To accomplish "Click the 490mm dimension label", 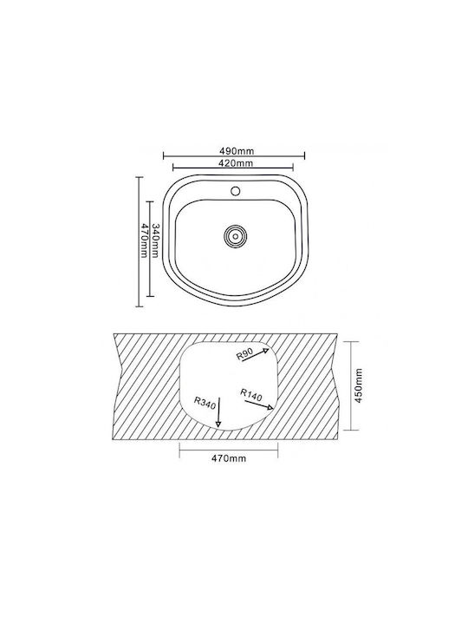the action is click(x=237, y=151).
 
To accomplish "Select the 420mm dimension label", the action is click(x=236, y=162).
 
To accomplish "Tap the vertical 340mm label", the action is click(x=156, y=241).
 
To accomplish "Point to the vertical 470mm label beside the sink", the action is click(x=145, y=240).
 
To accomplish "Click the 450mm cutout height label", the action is click(x=359, y=385).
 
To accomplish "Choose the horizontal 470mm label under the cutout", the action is click(x=229, y=458).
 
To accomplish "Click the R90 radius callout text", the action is click(x=244, y=354).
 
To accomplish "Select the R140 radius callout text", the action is click(x=251, y=395).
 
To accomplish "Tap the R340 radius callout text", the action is click(x=205, y=403).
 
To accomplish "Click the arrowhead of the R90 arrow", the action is click(x=266, y=351).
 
